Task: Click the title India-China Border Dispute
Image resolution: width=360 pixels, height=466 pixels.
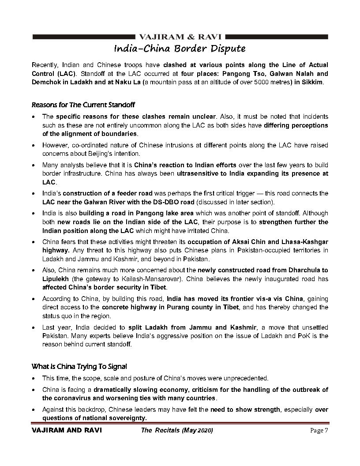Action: point(180,48)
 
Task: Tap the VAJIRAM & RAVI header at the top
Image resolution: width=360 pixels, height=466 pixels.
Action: point(180,36)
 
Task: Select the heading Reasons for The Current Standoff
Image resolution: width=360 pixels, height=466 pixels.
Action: point(83,105)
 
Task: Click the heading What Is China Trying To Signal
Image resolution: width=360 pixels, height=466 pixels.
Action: point(79,366)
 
